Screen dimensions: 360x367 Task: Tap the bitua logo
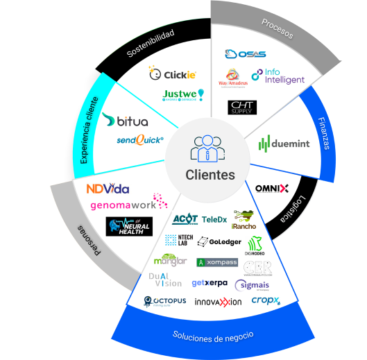pos(124,121)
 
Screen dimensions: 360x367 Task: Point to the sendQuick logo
pos(140,140)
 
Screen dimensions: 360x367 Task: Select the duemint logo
pos(284,144)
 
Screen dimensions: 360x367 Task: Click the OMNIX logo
pos(272,188)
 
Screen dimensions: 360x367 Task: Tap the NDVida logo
pos(108,189)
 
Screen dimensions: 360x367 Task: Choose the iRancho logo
pos(244,218)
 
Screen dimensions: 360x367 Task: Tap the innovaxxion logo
pos(217,302)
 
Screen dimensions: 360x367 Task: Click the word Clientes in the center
pos(210,175)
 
